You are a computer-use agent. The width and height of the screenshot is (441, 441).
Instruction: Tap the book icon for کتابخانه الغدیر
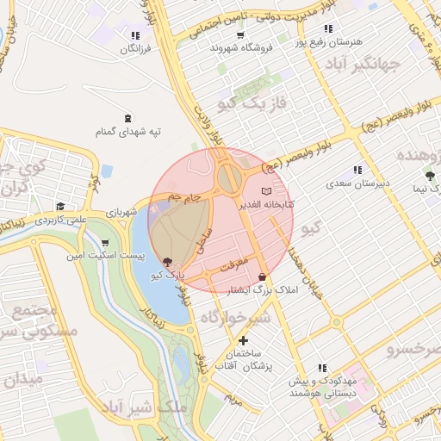[265, 190]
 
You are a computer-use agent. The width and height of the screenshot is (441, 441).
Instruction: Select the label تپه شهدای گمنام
[129, 132]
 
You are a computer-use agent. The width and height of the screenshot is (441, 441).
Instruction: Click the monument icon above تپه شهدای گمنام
[128, 118]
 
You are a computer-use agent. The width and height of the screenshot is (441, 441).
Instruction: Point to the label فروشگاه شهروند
[241, 48]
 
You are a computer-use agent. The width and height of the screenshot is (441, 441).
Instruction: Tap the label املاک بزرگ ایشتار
[259, 291]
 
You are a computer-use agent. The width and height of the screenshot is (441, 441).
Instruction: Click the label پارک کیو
[167, 276]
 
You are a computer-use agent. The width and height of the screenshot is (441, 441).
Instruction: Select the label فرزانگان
[135, 49]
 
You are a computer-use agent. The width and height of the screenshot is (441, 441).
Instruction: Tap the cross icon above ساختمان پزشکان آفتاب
[244, 341]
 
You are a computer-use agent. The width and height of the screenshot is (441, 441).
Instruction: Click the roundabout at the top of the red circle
[230, 177]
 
